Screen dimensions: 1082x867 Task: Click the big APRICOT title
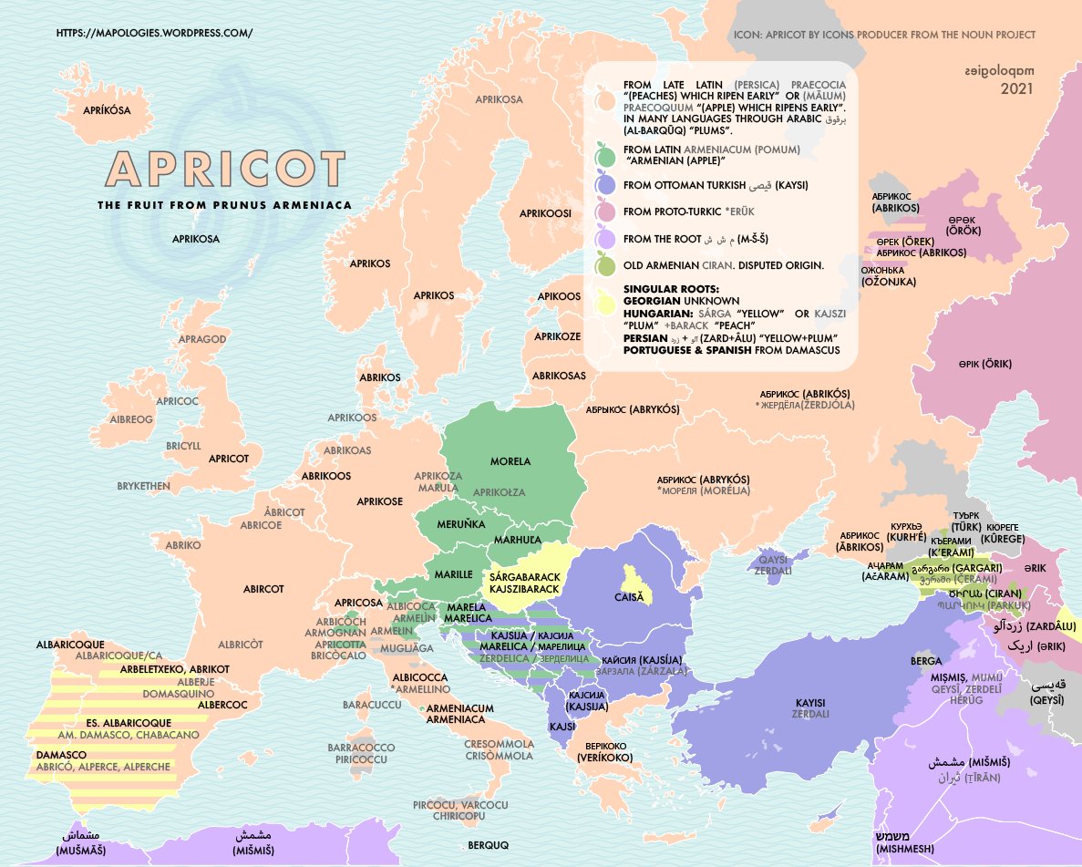[x=225, y=170]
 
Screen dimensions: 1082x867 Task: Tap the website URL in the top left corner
[x=154, y=33]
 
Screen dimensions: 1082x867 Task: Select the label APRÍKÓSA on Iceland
[x=108, y=109]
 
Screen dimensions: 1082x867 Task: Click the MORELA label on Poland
[x=510, y=461]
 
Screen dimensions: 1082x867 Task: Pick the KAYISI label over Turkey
[x=809, y=702]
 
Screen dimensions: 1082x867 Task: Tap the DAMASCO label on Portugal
[x=62, y=755]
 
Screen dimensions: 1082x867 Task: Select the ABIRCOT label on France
[x=263, y=589]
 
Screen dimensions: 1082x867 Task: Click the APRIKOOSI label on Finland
[x=545, y=212]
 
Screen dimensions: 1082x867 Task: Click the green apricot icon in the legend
[x=603, y=155]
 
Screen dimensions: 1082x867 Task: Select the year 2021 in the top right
[x=1017, y=89]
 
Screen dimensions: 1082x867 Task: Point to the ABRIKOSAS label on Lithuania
[x=559, y=376]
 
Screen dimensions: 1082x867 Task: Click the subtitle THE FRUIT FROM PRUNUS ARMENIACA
[x=224, y=205]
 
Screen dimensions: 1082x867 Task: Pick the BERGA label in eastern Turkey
[x=925, y=660]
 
